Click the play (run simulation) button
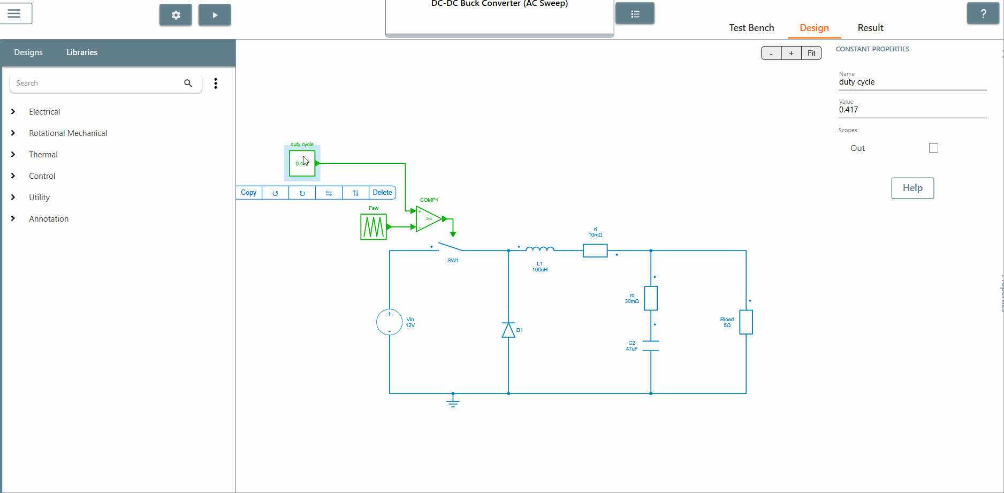pos(215,15)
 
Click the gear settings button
pos(176,15)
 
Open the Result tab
pos(870,28)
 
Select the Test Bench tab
pos(751,28)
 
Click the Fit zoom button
pos(811,53)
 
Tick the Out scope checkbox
pos(933,148)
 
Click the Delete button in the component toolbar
pos(382,193)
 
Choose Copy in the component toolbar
pos(249,193)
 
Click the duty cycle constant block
pos(302,163)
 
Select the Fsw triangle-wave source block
pos(374,226)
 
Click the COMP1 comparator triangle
pos(429,218)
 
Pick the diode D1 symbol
pos(508,330)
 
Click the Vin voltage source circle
pos(390,322)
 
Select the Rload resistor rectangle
pos(746,322)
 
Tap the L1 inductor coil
pos(540,249)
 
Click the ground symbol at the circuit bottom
pos(453,401)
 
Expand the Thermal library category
pos(43,155)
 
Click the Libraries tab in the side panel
pos(82,52)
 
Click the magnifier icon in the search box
pos(188,83)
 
